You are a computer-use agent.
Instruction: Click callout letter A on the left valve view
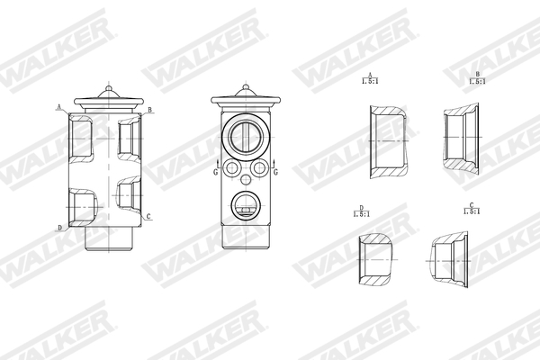click(x=59, y=107)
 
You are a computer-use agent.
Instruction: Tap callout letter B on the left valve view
click(x=149, y=109)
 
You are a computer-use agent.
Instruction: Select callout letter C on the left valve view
click(x=148, y=216)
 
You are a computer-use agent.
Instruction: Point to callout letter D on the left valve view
click(x=59, y=228)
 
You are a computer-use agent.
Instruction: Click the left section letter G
click(x=215, y=170)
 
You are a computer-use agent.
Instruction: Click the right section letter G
click(x=274, y=170)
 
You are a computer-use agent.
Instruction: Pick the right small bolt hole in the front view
click(x=258, y=168)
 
